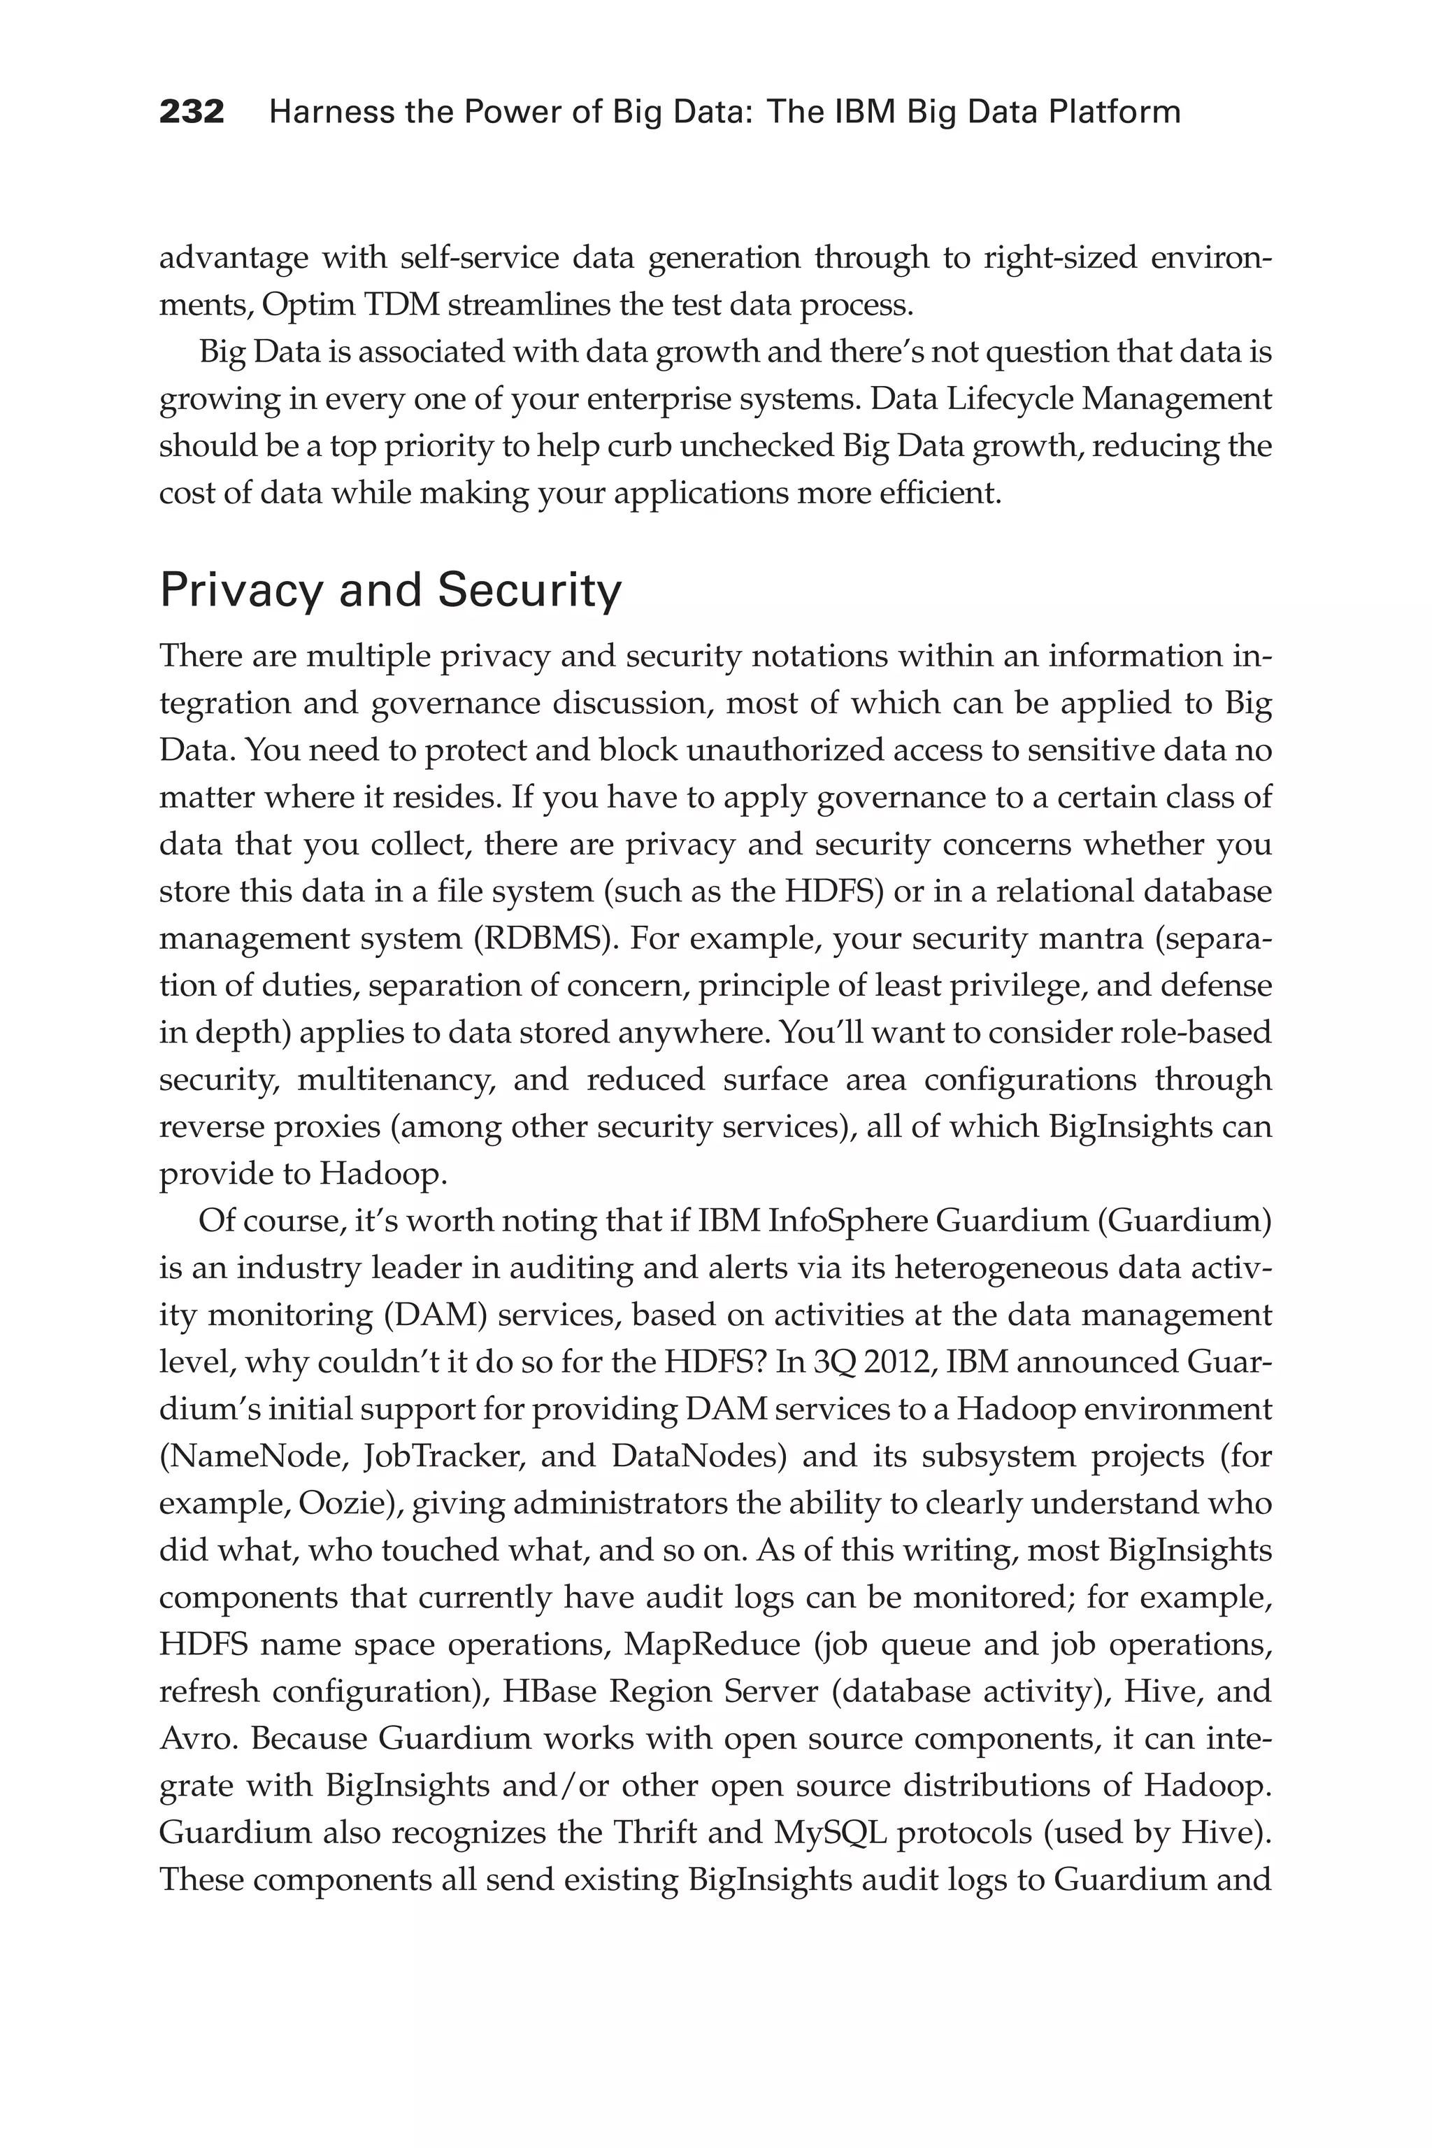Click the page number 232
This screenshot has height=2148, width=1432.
coord(192,113)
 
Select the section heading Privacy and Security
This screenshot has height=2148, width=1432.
coord(390,591)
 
